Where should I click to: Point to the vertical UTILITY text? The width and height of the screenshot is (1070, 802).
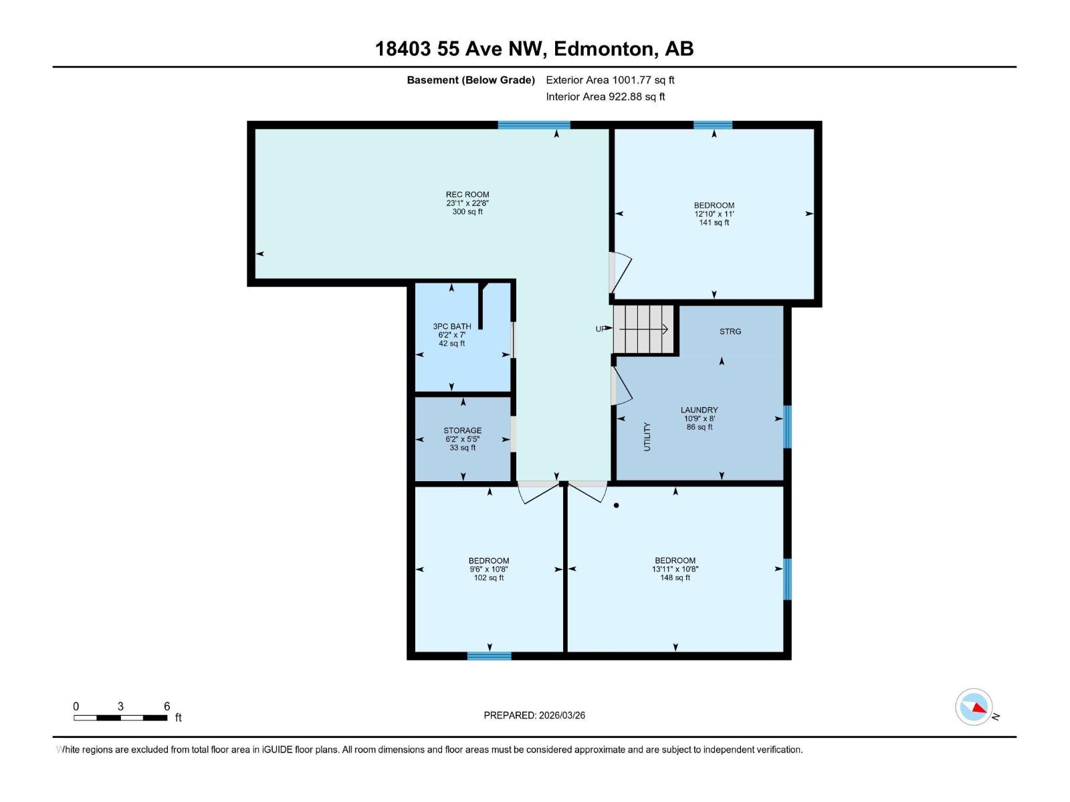coord(647,436)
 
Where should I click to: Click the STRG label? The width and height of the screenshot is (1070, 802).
coord(730,331)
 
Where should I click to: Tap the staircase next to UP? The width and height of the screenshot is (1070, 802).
coord(643,329)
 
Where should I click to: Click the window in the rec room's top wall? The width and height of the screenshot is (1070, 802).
coord(534,125)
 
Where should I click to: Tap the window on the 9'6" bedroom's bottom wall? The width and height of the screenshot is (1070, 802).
coord(489,656)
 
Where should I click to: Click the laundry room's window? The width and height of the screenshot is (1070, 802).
coord(787,426)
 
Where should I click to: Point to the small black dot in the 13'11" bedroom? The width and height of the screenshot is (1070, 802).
coord(616,505)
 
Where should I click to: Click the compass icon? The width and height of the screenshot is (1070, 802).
coord(974,707)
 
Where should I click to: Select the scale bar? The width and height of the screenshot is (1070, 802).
coord(120,718)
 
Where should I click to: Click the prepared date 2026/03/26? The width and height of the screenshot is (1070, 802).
coord(534,715)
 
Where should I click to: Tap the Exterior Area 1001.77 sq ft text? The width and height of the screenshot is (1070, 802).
coord(610,80)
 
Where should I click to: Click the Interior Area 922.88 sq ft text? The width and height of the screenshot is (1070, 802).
coord(605,96)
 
